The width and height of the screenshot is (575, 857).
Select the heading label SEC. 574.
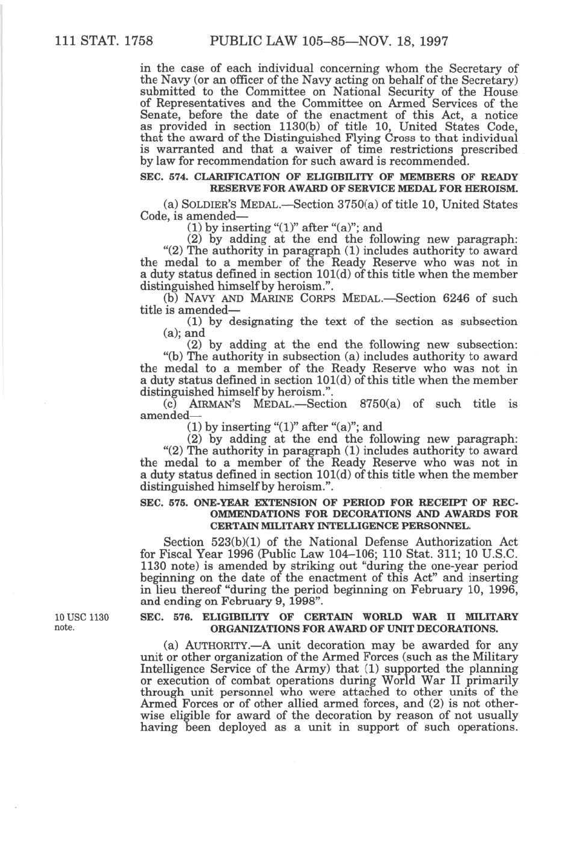159,177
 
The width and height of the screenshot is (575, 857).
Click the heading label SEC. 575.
159,502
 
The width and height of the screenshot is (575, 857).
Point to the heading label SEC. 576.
159,617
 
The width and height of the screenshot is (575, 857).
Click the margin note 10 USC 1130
82,617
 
